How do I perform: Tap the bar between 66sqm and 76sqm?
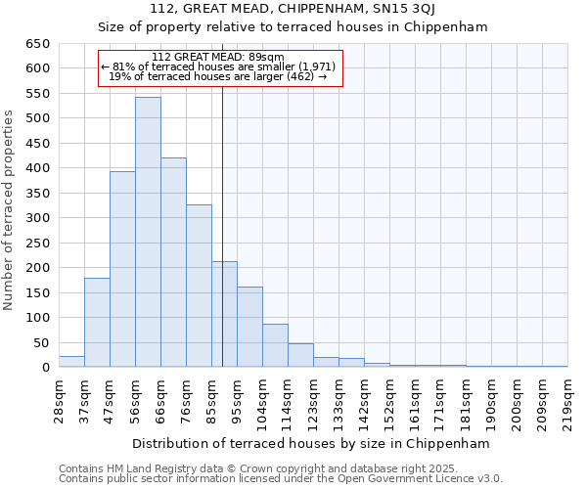coord(173,263)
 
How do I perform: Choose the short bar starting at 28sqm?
coord(71,362)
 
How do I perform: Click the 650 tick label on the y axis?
coord(36,44)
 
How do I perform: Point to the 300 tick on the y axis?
coord(36,218)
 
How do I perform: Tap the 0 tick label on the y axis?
coord(45,368)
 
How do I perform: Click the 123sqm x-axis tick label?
coord(313,398)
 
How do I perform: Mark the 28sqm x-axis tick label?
coord(59,398)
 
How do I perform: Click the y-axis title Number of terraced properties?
coord(9,210)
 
